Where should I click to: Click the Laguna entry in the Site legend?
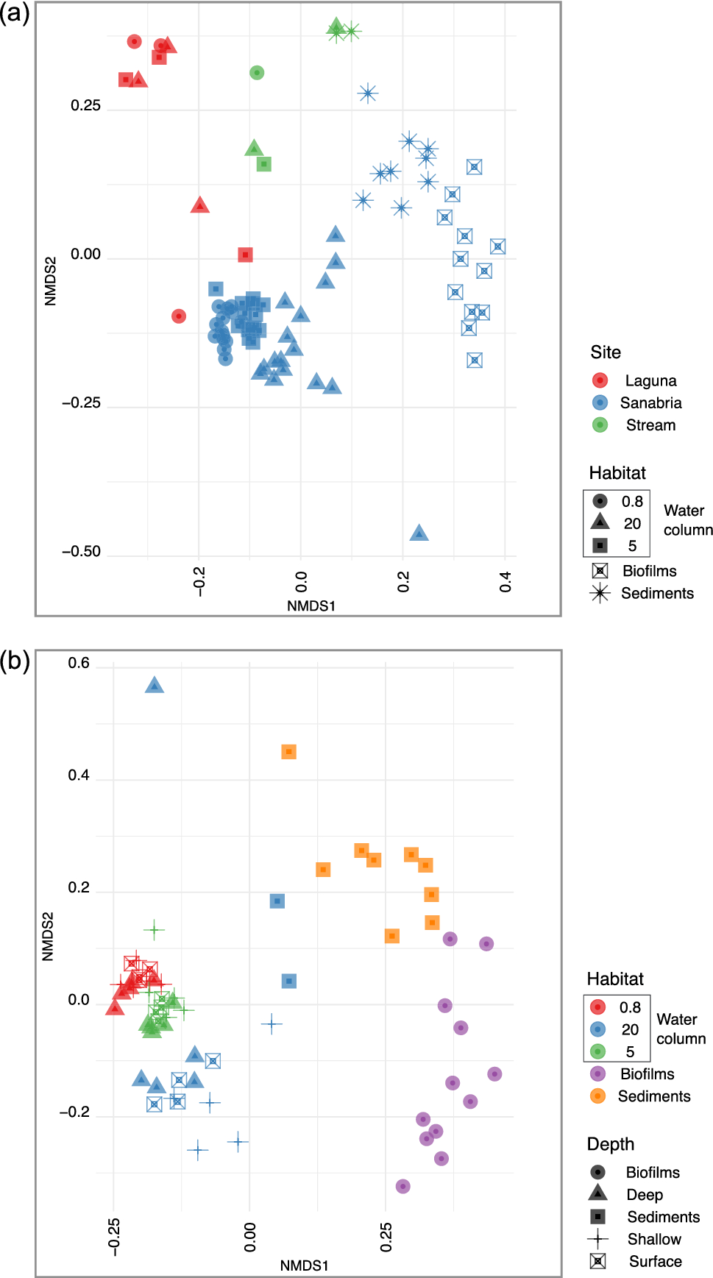(650, 380)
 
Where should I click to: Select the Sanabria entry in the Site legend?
(650, 402)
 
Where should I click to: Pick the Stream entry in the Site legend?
(650, 425)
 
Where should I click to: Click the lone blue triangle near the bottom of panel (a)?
(419, 533)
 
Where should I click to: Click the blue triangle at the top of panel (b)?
(154, 685)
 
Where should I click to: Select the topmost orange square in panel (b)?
(288, 751)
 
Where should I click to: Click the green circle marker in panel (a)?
(256, 72)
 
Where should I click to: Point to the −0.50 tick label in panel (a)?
(81, 551)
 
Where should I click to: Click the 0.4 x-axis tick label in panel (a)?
(506, 582)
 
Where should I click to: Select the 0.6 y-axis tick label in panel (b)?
(79, 663)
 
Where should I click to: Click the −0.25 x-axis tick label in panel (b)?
(113, 1236)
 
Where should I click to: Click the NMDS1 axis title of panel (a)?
(311, 606)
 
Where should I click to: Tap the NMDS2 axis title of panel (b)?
(48, 936)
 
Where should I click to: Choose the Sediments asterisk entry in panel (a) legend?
(656, 593)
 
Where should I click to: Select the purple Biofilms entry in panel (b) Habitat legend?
(646, 1073)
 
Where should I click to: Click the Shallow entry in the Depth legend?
(653, 1239)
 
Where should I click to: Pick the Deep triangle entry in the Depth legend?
(644, 1195)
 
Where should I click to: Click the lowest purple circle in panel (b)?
(402, 1186)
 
